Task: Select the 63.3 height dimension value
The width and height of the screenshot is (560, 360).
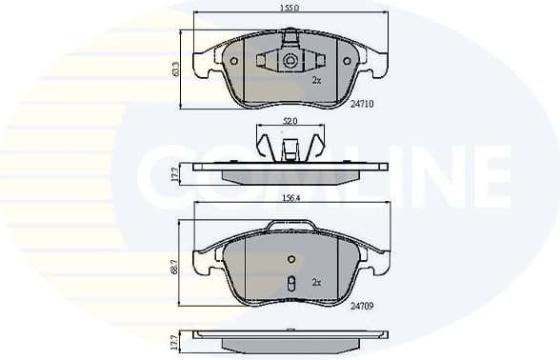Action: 175,70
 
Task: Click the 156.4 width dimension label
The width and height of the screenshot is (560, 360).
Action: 290,198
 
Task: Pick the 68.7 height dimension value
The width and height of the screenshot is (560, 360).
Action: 175,270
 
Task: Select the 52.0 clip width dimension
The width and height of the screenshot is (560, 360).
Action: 290,121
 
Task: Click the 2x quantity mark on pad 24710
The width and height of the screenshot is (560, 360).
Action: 316,81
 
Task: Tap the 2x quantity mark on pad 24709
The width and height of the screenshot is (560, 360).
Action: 316,283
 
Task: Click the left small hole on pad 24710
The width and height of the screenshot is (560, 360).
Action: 233,61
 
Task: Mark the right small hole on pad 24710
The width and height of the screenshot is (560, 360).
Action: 347,61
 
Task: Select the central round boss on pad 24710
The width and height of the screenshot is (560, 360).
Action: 290,61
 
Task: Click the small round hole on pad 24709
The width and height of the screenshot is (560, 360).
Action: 291,259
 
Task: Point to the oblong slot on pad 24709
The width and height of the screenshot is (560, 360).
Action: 291,284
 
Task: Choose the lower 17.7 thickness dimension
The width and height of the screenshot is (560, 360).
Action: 175,341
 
